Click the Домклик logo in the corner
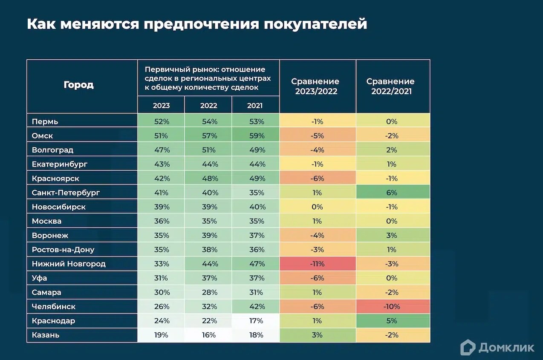[x=497, y=347]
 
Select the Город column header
[x=78, y=85]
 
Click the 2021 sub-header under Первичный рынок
[x=255, y=106]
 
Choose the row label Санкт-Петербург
[x=66, y=193]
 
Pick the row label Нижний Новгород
[x=69, y=264]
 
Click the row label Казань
[x=46, y=335]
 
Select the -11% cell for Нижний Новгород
[x=317, y=264]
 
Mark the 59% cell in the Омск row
[x=256, y=136]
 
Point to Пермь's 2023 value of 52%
[x=162, y=121]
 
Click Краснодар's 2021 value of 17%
[x=256, y=321]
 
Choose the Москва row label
[x=46, y=221]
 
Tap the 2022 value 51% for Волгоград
[x=209, y=150]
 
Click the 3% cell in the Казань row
[x=317, y=335]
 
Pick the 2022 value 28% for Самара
[x=209, y=292]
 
